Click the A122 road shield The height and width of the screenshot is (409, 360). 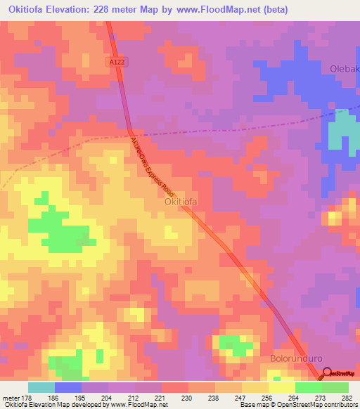point(118,63)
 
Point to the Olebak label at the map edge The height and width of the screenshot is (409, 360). point(344,69)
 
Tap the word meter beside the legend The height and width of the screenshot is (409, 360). point(10,397)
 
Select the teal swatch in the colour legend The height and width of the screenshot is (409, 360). point(41,387)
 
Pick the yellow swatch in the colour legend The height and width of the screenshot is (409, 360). point(282,387)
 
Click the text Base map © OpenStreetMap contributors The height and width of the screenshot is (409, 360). point(297,405)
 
